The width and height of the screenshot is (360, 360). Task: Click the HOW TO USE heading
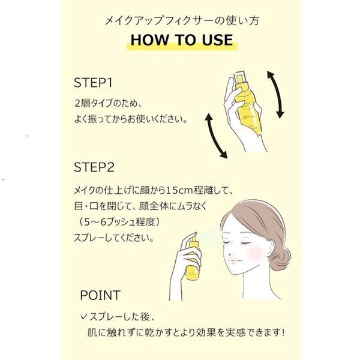(182, 40)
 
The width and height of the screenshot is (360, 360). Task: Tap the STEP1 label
(93, 83)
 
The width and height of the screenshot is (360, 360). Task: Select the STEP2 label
(94, 167)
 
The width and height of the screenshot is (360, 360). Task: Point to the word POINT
(100, 295)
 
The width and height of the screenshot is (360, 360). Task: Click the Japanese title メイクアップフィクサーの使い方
(182, 20)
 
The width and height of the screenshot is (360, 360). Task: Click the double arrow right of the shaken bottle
(275, 95)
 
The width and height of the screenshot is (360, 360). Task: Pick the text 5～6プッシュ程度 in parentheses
(119, 222)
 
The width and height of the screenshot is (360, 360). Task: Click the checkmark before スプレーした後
(84, 317)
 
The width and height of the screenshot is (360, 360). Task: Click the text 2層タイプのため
(105, 104)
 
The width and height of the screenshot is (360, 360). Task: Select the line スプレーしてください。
(113, 238)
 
